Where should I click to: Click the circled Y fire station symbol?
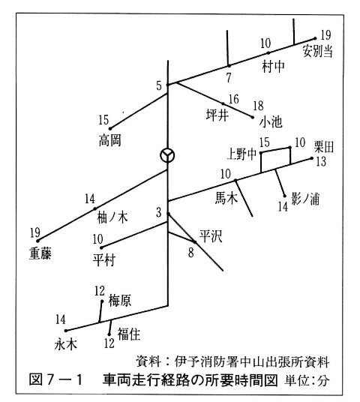click(167, 155)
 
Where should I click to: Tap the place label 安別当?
click(317, 51)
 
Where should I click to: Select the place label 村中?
click(273, 67)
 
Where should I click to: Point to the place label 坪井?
click(217, 115)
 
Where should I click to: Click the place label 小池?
click(271, 122)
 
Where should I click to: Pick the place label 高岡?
click(110, 140)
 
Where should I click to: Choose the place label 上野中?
click(241, 154)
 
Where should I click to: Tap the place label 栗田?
click(323, 148)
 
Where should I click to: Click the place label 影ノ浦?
click(305, 199)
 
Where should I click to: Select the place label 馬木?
click(226, 198)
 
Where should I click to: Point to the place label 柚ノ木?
click(112, 218)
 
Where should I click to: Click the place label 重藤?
click(40, 253)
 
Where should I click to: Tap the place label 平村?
click(104, 260)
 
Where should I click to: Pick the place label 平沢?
click(211, 236)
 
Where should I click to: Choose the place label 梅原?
click(120, 300)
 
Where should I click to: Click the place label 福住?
click(129, 334)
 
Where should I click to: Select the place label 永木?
click(66, 344)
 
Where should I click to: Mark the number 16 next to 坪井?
click(233, 99)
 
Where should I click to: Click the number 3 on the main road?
click(159, 212)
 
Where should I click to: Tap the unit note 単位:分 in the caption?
click(307, 380)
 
